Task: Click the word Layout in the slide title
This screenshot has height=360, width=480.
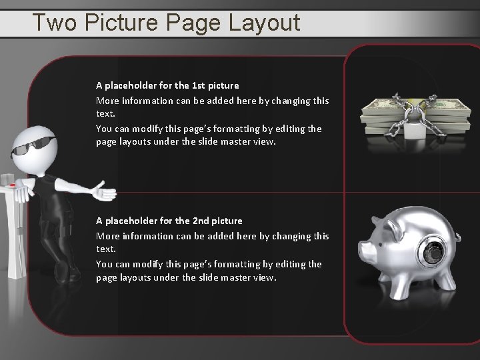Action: pyautogui.click(x=265, y=23)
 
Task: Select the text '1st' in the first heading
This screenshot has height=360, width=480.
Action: pyautogui.click(x=198, y=85)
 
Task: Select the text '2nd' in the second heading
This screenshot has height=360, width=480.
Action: pyautogui.click(x=199, y=221)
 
